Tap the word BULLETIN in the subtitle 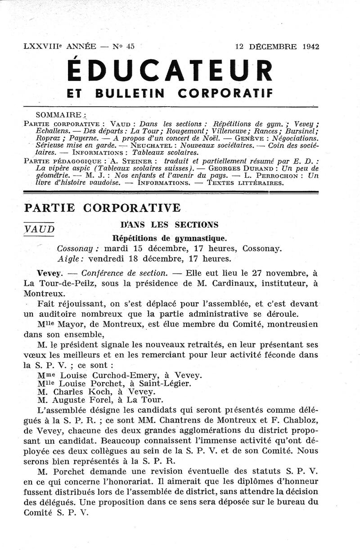pyautogui.click(x=131, y=93)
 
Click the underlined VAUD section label pyautogui.click(x=40, y=229)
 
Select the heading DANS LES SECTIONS pyautogui.click(x=169, y=224)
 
